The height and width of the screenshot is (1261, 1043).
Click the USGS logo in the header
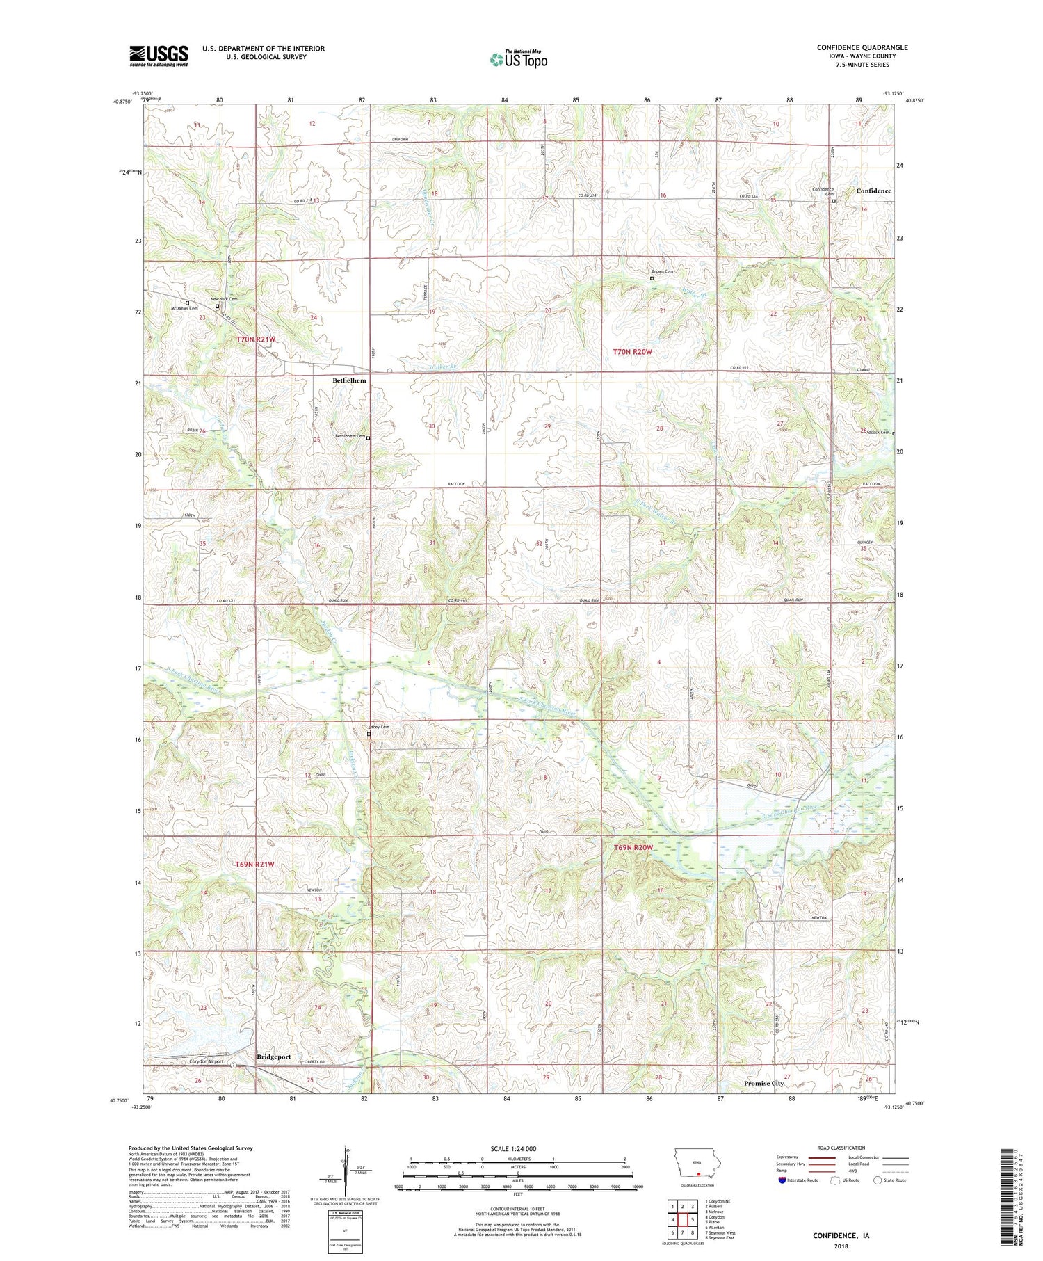pyautogui.click(x=159, y=56)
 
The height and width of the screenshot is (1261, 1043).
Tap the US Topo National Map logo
pyautogui.click(x=518, y=59)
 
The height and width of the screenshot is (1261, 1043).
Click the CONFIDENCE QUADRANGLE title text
pyautogui.click(x=862, y=47)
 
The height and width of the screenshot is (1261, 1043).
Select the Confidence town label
pyautogui.click(x=873, y=191)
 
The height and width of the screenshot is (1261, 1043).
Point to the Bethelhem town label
pyautogui.click(x=349, y=381)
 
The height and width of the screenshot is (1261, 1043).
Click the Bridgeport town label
pyautogui.click(x=273, y=1057)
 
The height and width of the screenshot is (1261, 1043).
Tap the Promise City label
pyautogui.click(x=763, y=1083)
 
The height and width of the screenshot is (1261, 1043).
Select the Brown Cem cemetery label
pyautogui.click(x=662, y=271)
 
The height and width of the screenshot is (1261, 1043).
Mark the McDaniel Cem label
pyautogui.click(x=184, y=308)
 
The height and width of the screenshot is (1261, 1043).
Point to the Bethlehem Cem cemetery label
pyautogui.click(x=350, y=437)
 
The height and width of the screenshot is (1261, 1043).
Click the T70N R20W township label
pyautogui.click(x=632, y=352)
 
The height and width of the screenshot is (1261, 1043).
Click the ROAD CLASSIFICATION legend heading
pyautogui.click(x=841, y=1148)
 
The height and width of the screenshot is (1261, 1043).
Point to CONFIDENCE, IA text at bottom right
pyautogui.click(x=841, y=1236)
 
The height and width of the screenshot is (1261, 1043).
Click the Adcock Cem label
pyautogui.click(x=876, y=432)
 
